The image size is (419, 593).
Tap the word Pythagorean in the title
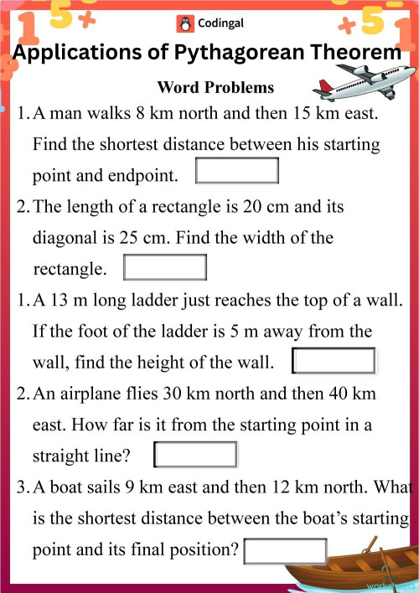point(240,54)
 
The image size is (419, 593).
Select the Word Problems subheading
point(215,87)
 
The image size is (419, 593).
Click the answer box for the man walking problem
point(236,171)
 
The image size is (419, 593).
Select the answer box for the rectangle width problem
point(164,268)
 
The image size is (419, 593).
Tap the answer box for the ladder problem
point(334,362)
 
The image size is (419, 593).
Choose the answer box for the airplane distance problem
point(195,456)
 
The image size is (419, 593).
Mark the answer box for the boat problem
point(284,551)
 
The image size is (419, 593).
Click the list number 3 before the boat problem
point(22,487)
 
